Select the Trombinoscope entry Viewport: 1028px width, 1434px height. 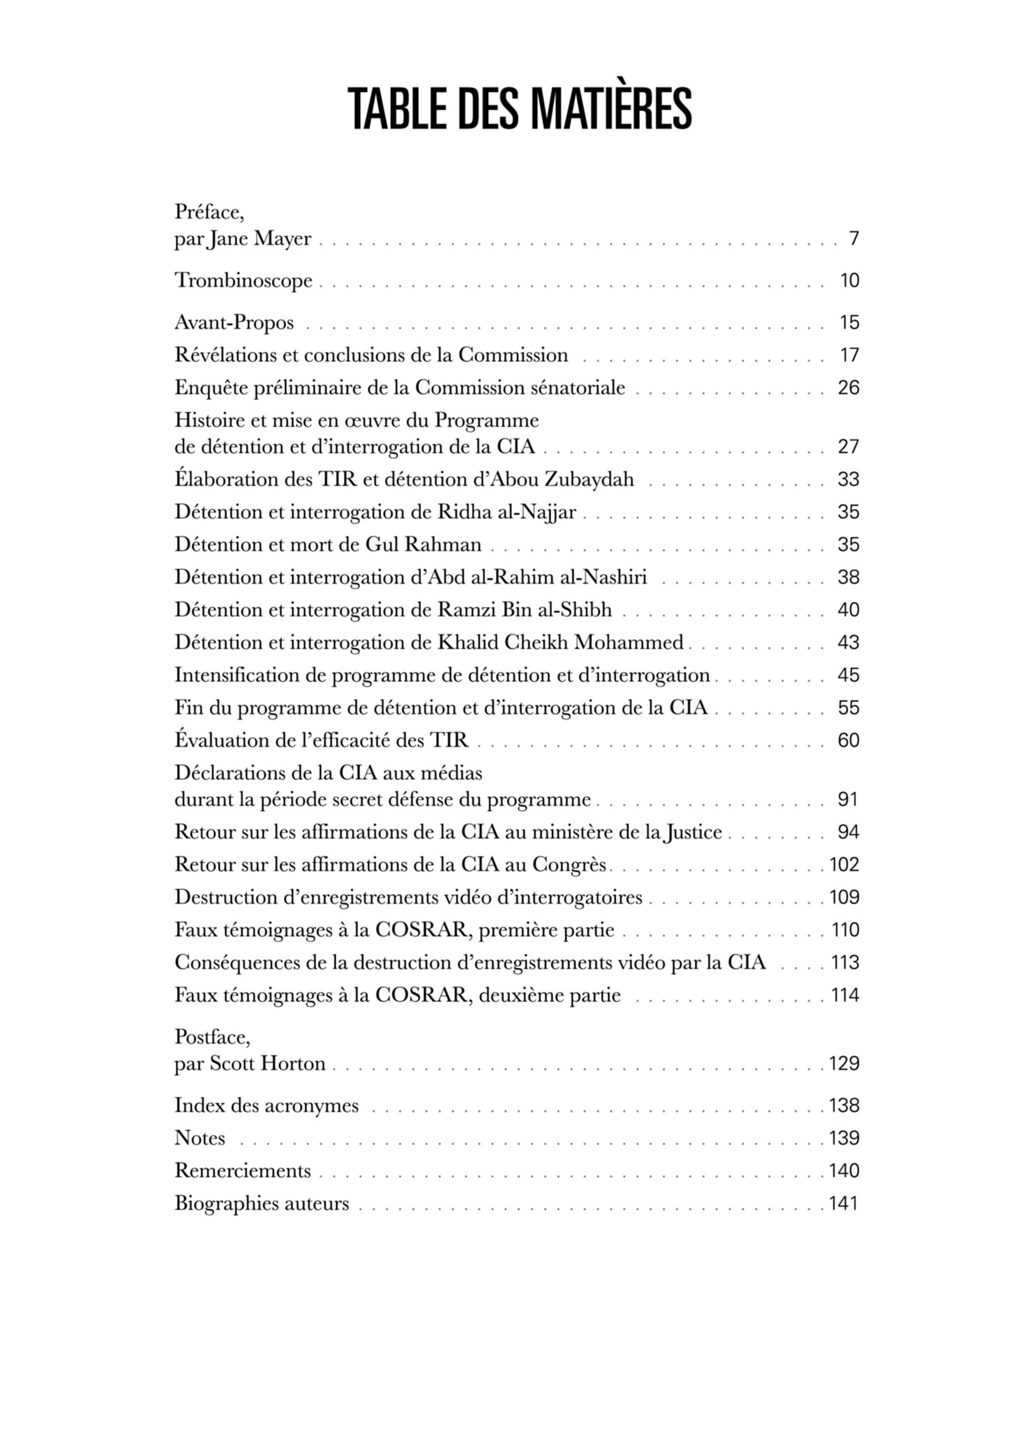pos(244,280)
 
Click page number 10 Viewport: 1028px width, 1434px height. pos(849,281)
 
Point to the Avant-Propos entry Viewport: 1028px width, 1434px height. pos(234,322)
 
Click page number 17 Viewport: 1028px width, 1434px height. pos(849,356)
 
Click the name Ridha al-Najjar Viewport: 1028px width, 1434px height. pos(507,512)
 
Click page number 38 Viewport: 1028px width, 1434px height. pos(849,577)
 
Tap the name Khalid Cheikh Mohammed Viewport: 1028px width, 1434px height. pos(561,643)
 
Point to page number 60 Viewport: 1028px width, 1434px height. pos(849,741)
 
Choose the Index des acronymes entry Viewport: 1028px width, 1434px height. pos(266,1105)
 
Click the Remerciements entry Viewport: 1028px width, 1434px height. pos(243,1171)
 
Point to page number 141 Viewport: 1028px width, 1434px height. pos(843,1203)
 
